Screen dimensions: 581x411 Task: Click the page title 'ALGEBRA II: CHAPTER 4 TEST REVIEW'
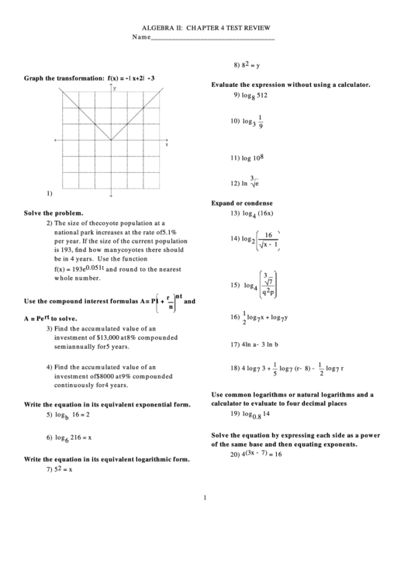[x=205, y=26]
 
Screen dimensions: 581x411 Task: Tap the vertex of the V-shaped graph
[x=111, y=141]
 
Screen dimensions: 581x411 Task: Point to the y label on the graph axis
[x=115, y=89]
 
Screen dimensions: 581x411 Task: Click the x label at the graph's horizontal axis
[x=166, y=145]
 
